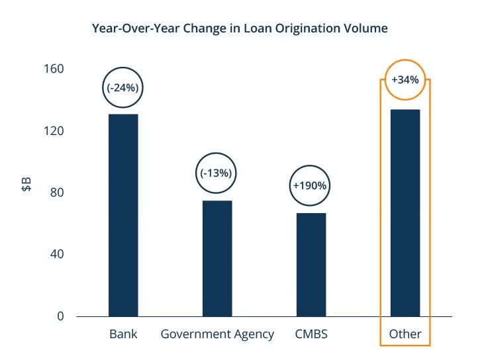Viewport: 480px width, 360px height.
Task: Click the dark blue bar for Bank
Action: [123, 215]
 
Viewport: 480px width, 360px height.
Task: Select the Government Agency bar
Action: [217, 258]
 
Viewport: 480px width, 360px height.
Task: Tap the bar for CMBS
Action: [311, 264]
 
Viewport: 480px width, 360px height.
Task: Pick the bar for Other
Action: [405, 212]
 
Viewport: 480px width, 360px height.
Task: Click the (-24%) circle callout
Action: [123, 87]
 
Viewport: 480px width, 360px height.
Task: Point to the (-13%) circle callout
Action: [216, 173]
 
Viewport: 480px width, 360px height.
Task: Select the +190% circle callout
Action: [310, 185]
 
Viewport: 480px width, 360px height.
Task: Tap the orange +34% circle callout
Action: [405, 79]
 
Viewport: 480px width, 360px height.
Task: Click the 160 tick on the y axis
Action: [55, 69]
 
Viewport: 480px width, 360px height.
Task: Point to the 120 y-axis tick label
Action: [55, 130]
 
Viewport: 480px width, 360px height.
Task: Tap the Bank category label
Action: [123, 334]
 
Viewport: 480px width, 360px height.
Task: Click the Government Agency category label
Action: [217, 334]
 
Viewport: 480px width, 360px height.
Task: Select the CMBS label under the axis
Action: [311, 334]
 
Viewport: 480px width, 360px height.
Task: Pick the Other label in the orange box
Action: [405, 334]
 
